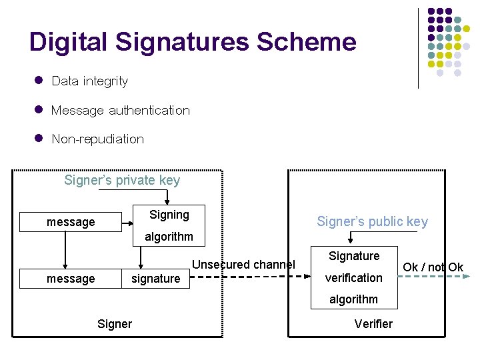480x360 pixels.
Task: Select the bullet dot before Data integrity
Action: tap(39, 81)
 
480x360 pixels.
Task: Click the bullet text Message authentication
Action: tap(120, 110)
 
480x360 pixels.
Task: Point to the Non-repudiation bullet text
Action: tap(97, 139)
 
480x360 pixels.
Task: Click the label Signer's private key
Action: tap(122, 180)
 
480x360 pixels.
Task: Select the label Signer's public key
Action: tap(372, 221)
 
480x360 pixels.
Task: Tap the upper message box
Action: tap(70, 222)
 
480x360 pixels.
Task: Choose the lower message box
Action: tap(70, 278)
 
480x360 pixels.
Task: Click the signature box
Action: tap(155, 278)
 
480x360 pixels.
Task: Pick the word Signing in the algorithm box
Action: tap(169, 215)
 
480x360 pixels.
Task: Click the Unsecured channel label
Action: tap(243, 265)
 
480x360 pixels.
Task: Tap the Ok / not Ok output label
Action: tap(433, 267)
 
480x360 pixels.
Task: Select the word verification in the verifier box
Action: tap(353, 277)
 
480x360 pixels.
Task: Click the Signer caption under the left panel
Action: tap(115, 324)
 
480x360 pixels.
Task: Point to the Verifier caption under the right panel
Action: tap(373, 324)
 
